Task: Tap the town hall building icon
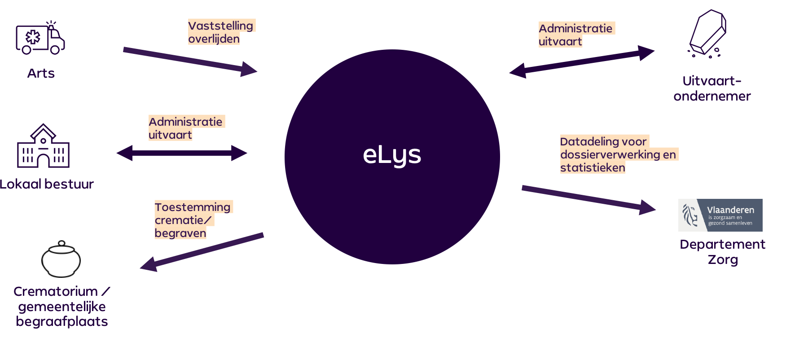(x=43, y=146)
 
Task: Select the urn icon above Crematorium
(x=61, y=259)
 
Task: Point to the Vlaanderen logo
(x=720, y=215)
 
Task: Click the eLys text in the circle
(x=392, y=155)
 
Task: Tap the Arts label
(x=41, y=73)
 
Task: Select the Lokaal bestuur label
(x=47, y=184)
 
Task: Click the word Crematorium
(x=56, y=291)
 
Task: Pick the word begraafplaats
(x=62, y=322)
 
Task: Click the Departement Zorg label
(x=722, y=252)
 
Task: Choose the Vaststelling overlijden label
(x=220, y=32)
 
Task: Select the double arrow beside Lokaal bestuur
(x=182, y=153)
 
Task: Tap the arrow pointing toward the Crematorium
(x=202, y=252)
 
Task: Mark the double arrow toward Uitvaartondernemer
(x=582, y=61)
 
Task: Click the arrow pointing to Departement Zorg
(x=588, y=198)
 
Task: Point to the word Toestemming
(x=193, y=207)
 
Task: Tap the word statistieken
(x=593, y=168)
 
